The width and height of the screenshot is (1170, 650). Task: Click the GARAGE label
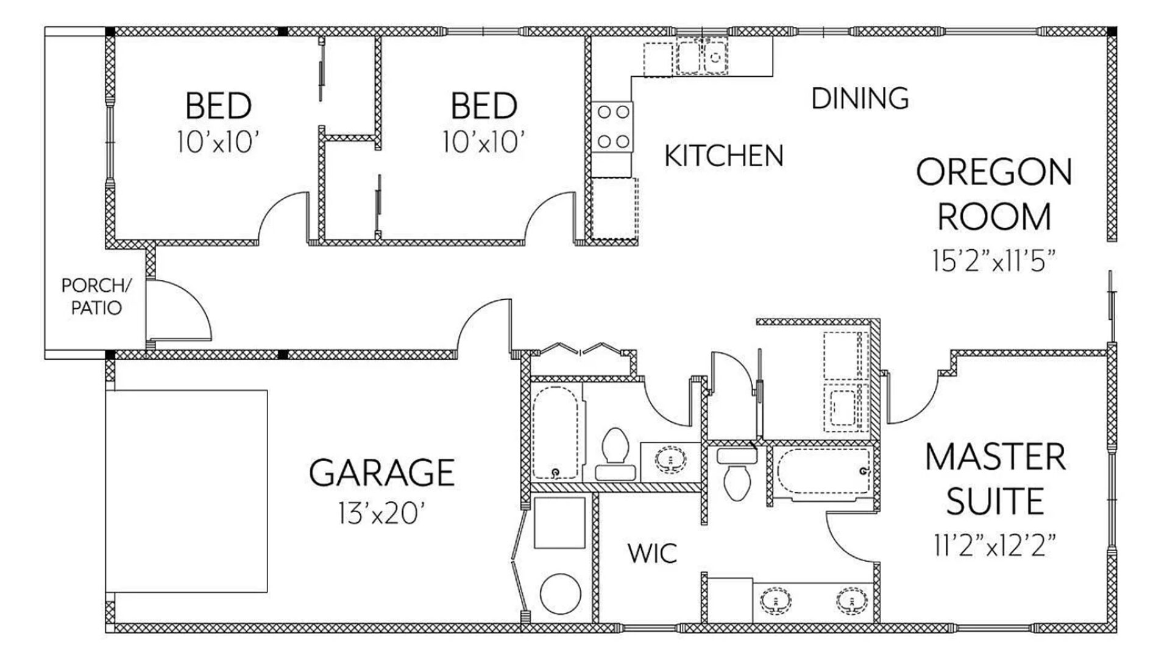382,473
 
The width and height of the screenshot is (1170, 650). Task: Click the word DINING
860,99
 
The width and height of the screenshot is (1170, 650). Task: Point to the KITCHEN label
723,156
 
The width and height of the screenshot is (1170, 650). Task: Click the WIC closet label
652,553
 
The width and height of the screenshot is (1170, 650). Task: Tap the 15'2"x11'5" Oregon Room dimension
993,261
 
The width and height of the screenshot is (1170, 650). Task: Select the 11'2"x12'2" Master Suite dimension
994,545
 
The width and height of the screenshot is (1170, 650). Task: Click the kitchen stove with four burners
613,127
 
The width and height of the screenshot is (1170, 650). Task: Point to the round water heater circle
560,594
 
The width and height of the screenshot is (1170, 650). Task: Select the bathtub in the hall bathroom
555,432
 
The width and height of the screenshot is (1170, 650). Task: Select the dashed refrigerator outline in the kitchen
614,208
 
